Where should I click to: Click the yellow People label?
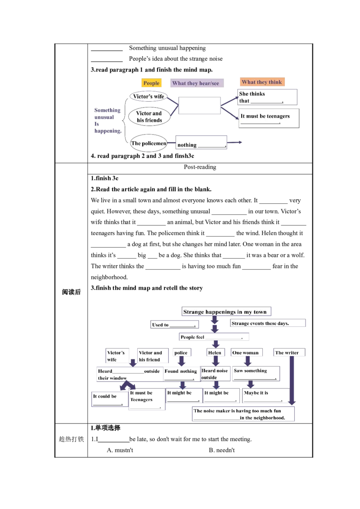click(151, 83)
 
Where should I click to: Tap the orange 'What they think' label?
click(262, 82)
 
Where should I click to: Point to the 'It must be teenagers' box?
click(269, 118)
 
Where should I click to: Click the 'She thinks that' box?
click(267, 97)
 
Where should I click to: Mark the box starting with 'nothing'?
click(201, 142)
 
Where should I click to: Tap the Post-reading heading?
click(200, 167)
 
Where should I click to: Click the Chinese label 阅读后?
click(71, 292)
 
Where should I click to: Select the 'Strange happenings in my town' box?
click(226, 312)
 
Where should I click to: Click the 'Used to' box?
click(175, 324)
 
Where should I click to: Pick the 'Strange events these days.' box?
click(268, 323)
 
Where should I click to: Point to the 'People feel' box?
click(214, 337)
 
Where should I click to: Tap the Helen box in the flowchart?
click(215, 353)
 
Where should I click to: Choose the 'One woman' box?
click(246, 353)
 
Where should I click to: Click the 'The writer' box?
click(289, 353)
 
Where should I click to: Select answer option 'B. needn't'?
click(221, 450)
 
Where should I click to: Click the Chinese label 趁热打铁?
click(71, 439)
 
